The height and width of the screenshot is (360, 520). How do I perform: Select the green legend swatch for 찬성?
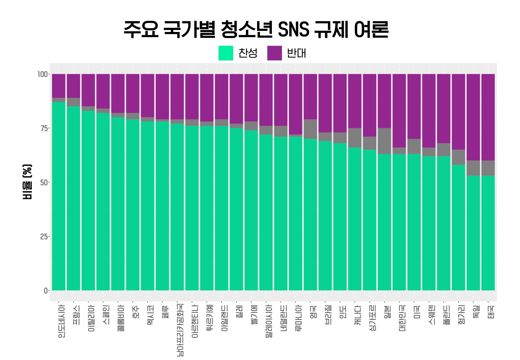point(226,53)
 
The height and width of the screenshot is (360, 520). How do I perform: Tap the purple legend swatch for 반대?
point(274,53)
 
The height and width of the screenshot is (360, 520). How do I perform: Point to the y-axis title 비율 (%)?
point(27,182)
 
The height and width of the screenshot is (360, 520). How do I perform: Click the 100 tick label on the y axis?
point(42,74)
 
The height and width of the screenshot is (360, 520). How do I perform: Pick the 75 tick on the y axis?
point(44,128)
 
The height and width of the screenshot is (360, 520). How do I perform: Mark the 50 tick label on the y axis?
point(44,183)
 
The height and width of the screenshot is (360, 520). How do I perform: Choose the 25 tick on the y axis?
point(44,237)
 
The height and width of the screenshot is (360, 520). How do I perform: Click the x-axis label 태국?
point(491,312)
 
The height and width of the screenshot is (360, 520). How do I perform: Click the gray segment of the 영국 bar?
point(310,129)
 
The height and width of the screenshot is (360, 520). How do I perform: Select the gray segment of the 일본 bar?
point(384,141)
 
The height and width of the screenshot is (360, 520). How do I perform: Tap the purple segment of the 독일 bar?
point(473,117)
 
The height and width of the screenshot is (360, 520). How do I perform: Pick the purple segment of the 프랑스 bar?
point(73,86)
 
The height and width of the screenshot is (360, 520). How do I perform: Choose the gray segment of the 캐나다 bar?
point(355,138)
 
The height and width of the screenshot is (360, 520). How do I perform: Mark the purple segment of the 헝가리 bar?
point(459,112)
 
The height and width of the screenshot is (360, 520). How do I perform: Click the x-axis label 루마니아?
point(298,318)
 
